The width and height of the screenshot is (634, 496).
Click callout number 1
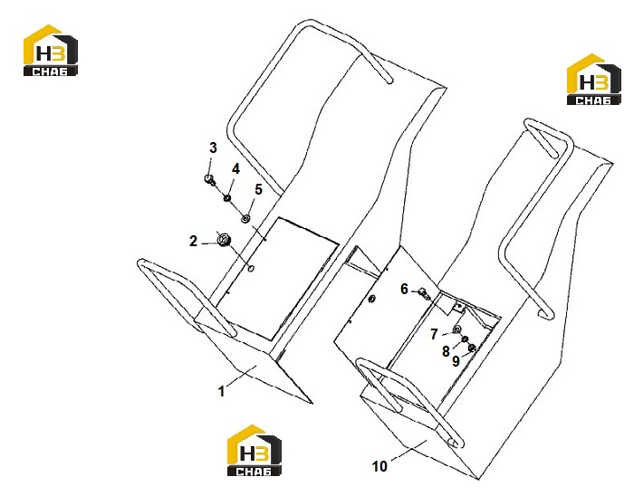tap(221, 391)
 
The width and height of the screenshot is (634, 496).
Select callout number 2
tap(193, 241)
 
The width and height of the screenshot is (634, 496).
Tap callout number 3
tap(213, 148)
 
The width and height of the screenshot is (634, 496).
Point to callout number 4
tap(235, 169)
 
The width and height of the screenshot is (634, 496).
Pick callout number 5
tap(258, 189)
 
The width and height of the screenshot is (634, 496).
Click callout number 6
tap(404, 289)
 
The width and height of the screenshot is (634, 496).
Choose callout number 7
tap(434, 334)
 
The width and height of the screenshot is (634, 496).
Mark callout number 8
tap(446, 351)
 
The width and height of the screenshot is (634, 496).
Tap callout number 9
tap(456, 361)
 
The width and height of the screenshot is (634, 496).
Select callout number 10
tap(379, 466)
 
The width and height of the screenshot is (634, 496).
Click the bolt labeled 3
tap(210, 180)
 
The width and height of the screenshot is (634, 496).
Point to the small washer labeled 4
tap(227, 198)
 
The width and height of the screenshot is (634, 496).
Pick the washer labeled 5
tap(245, 218)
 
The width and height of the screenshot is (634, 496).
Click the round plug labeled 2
tap(223, 240)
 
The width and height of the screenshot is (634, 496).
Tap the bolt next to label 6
tap(424, 293)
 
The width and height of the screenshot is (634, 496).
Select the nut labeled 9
tap(472, 348)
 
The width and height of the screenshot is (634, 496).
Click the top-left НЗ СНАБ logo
tap(50, 51)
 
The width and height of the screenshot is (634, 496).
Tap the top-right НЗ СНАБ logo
tap(593, 80)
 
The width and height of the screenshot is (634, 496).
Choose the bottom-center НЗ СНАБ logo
tap(255, 451)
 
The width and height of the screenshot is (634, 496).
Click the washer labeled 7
tap(457, 329)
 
